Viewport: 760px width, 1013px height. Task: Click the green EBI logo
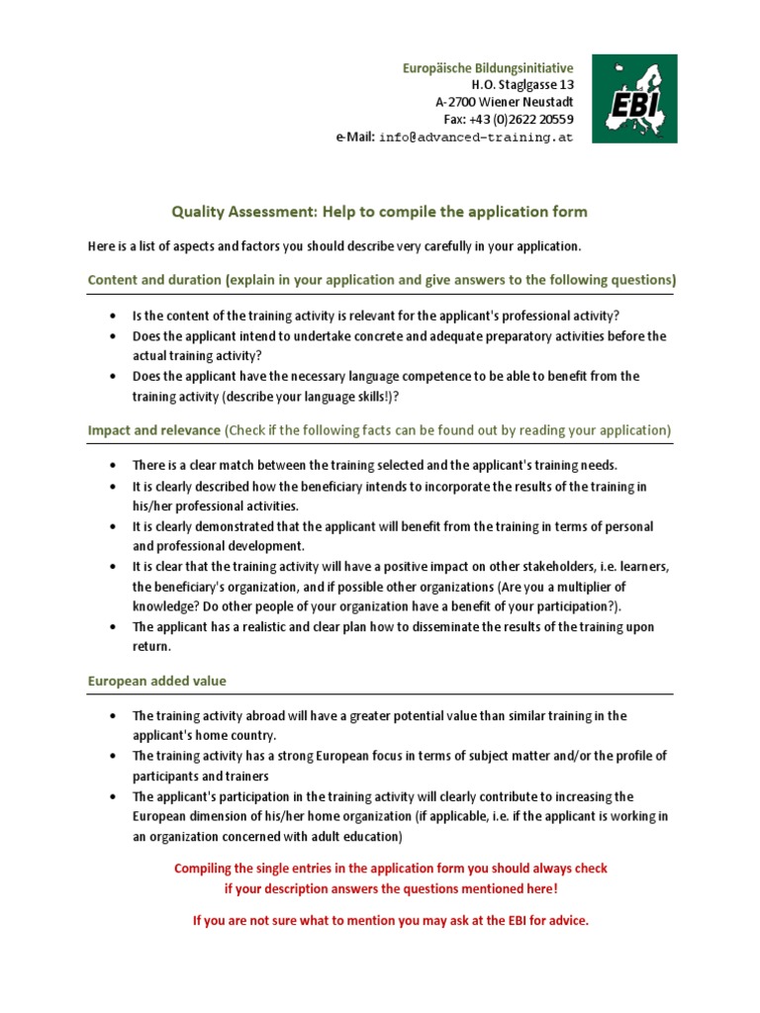(x=634, y=99)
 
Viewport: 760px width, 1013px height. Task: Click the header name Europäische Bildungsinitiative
(x=487, y=67)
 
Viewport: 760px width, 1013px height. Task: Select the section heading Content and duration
(x=154, y=280)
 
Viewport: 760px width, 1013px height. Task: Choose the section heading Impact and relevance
(x=154, y=430)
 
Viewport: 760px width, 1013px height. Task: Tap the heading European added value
(x=157, y=681)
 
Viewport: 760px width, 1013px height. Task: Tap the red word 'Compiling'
(x=206, y=869)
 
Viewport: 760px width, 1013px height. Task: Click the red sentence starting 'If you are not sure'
(x=390, y=921)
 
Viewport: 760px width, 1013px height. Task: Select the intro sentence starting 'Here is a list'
(x=334, y=245)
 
